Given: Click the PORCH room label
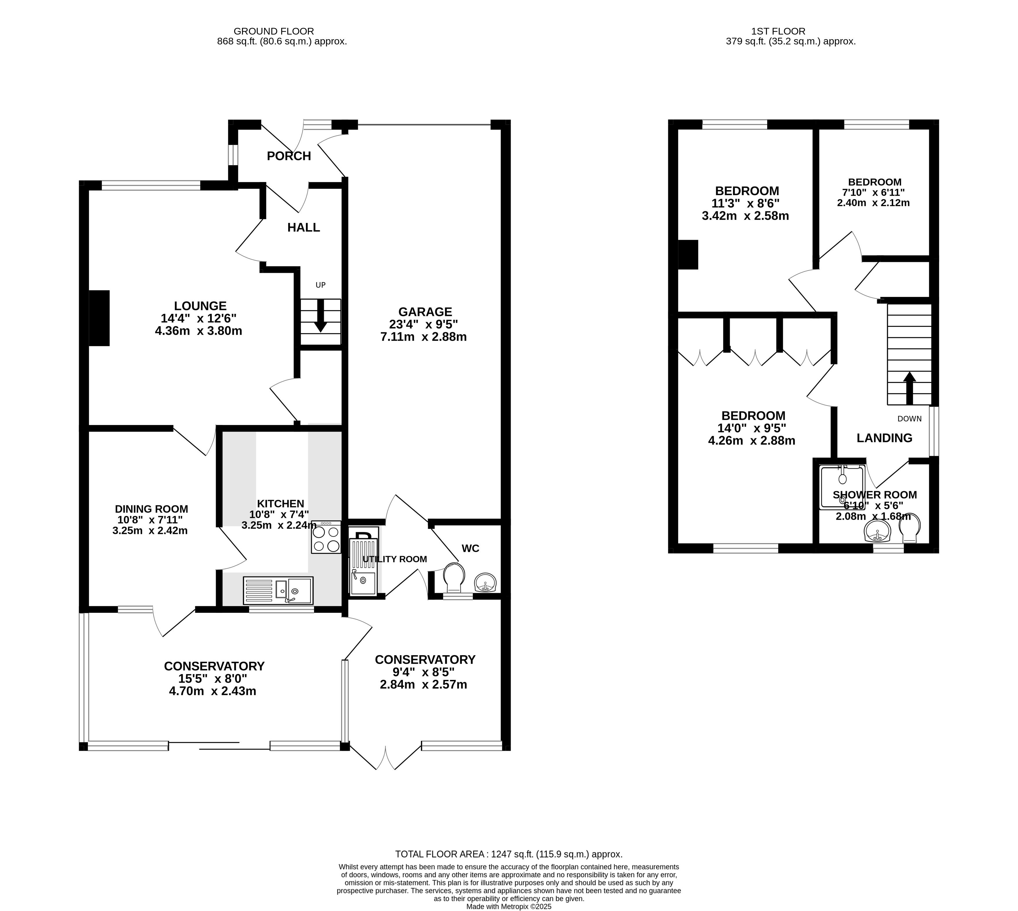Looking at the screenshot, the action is (289, 156).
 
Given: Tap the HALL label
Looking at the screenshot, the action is (303, 228).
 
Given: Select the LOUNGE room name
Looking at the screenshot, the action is (200, 306).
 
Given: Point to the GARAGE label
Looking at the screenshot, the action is (425, 312).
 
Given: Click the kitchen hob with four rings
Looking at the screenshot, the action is (326, 537).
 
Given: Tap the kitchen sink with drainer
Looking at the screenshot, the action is (278, 591).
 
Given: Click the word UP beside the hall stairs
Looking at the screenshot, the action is (320, 285).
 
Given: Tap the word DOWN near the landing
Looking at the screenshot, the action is (909, 419).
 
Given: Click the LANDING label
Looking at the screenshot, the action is (884, 438).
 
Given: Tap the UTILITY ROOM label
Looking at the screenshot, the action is (395, 559).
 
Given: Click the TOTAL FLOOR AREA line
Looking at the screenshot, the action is (509, 854).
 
